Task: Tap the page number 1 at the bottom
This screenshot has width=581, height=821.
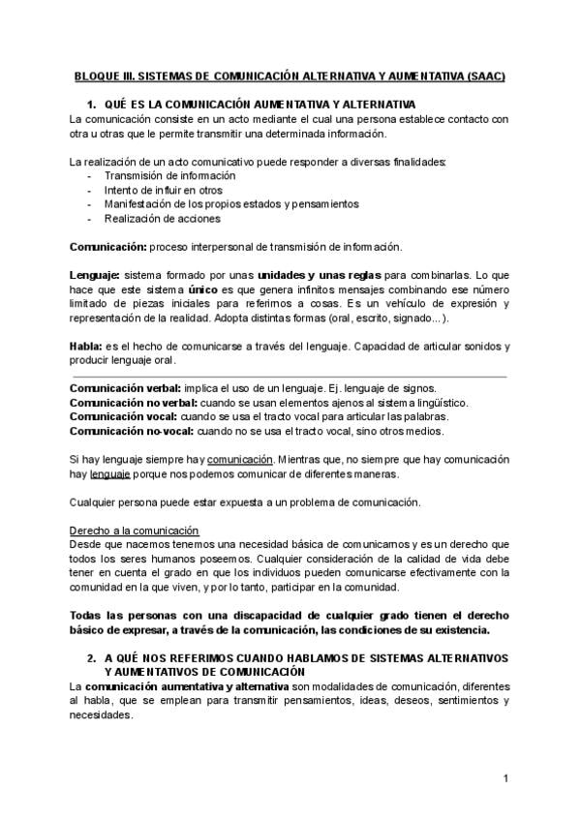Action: [505, 779]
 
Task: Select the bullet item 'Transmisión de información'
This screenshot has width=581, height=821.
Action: [169, 176]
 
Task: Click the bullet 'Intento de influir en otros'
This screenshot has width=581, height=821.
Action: [163, 191]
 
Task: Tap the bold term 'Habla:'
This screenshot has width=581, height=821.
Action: [87, 347]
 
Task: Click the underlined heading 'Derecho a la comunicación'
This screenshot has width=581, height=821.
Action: [135, 531]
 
